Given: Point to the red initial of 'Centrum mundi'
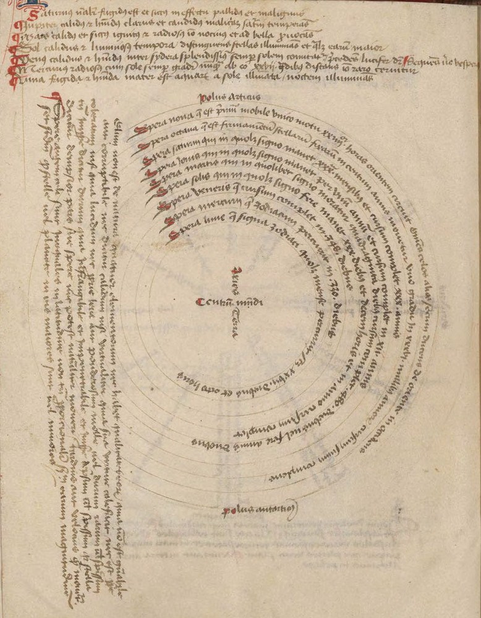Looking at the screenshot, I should pos(198,302).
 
